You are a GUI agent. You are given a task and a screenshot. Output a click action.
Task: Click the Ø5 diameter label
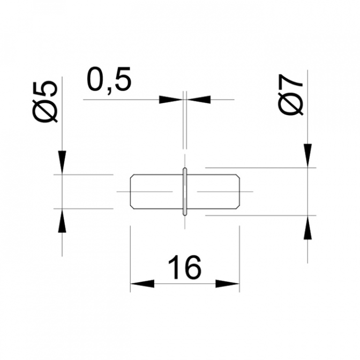click(45, 102)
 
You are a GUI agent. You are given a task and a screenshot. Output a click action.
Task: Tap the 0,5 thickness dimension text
click(109, 79)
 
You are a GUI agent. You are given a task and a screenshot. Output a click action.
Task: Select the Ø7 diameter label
click(291, 95)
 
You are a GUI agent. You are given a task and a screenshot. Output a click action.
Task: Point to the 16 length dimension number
click(185, 267)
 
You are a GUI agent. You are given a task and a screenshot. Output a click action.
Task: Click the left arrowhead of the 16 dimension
click(142, 283)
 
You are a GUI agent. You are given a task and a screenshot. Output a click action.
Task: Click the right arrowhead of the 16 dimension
click(228, 283)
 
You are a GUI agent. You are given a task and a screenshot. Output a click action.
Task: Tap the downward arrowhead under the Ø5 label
click(62, 162)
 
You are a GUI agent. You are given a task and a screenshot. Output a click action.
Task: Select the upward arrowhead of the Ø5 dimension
click(62, 221)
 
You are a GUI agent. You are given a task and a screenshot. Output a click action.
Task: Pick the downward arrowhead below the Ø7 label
click(307, 156)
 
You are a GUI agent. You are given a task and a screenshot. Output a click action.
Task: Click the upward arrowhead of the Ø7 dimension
click(307, 228)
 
